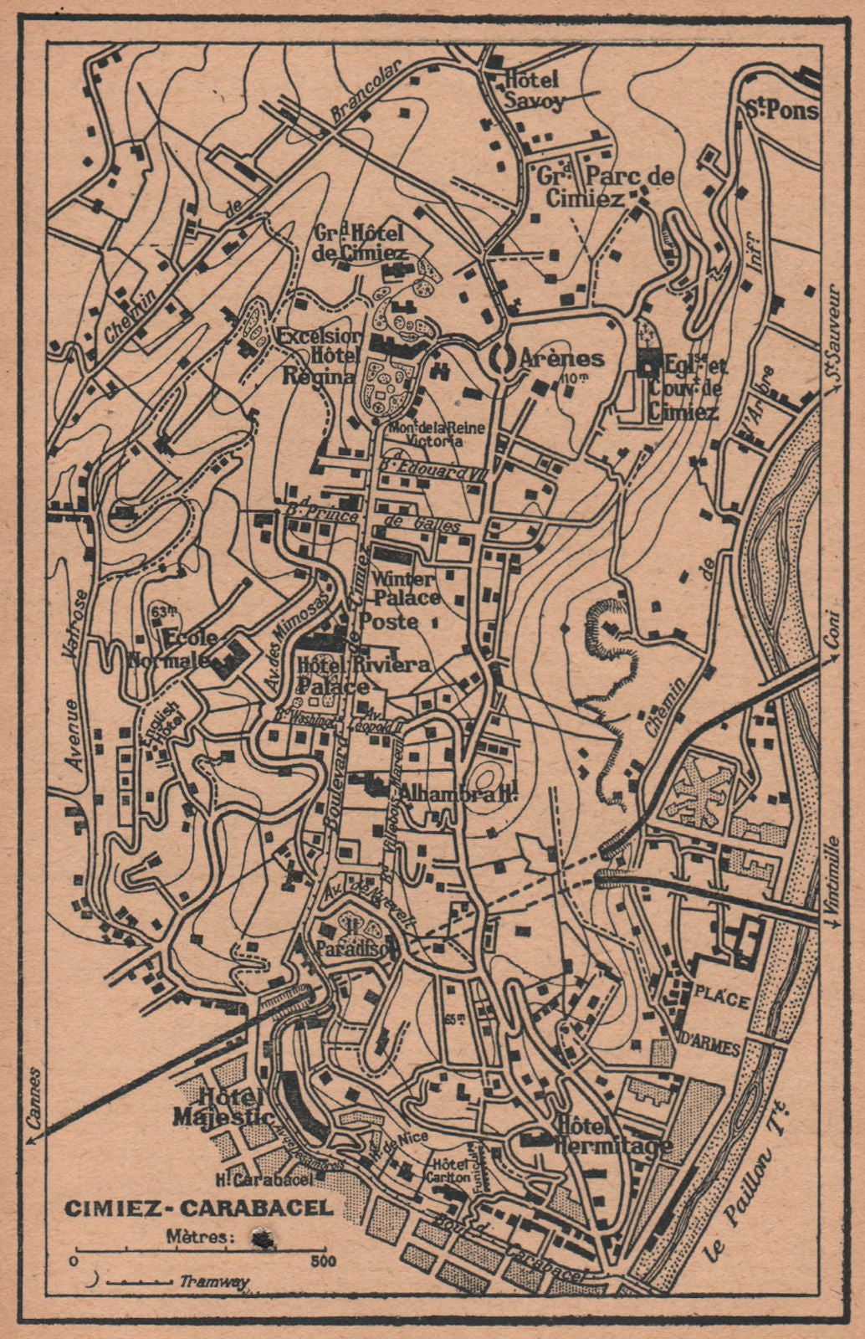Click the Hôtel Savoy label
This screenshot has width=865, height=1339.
(x=533, y=90)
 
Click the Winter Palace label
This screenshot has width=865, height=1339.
(x=407, y=588)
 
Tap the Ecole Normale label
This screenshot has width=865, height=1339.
(x=171, y=647)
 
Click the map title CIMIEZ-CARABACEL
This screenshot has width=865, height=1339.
(x=198, y=1208)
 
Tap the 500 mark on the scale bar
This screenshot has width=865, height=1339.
(x=318, y=1259)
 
